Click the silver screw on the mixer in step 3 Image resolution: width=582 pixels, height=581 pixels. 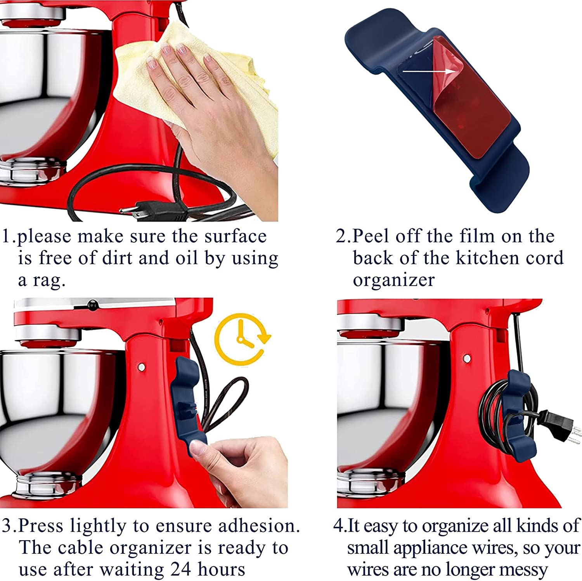(x=142, y=367)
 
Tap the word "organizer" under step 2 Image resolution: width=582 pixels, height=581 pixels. (x=393, y=280)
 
